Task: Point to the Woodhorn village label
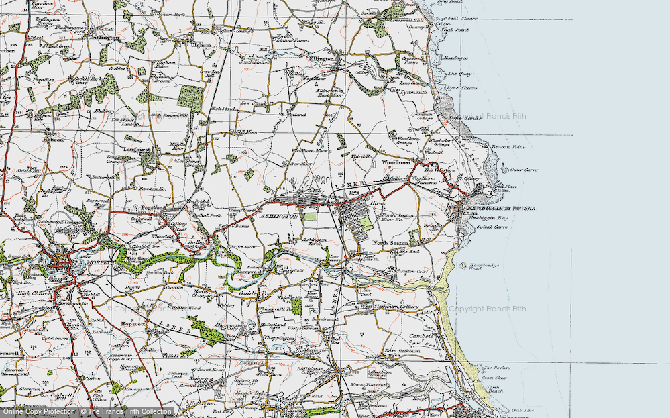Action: (394, 163)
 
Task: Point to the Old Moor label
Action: (249, 132)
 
